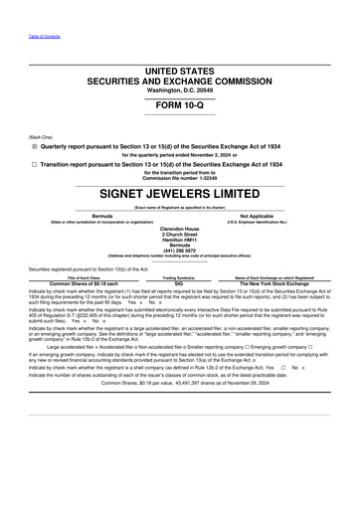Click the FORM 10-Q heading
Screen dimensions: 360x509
(x=180, y=105)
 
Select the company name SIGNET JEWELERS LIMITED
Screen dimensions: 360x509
(x=180, y=191)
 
